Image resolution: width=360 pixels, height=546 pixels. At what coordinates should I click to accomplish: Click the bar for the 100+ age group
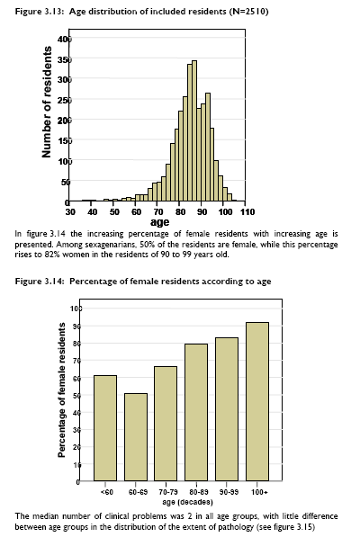tap(257, 401)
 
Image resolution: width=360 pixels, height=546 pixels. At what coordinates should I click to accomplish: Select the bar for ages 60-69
tap(136, 437)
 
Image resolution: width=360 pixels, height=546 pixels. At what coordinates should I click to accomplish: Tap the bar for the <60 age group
tap(105, 428)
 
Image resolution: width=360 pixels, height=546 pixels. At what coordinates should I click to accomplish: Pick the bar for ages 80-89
tap(196, 412)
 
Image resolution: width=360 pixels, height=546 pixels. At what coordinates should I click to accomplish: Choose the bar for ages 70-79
tap(166, 424)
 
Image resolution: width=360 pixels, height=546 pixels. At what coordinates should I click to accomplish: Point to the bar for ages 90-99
tap(227, 409)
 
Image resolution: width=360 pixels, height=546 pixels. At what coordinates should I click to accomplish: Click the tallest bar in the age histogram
tap(194, 131)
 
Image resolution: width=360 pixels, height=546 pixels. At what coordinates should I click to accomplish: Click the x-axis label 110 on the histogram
tap(247, 211)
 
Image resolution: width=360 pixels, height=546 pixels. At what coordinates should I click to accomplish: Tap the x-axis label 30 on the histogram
tap(70, 211)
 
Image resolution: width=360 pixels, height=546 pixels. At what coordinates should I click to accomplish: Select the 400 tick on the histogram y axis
tap(65, 39)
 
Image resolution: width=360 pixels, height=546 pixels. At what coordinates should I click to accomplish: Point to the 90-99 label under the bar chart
tap(229, 492)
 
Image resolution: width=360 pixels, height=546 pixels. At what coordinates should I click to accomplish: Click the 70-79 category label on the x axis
tap(168, 492)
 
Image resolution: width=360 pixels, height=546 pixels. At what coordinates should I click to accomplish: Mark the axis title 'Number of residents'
tap(47, 102)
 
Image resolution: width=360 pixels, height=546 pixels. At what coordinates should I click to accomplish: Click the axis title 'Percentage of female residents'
tap(62, 389)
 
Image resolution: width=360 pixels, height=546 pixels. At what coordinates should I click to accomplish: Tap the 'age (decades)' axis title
tap(187, 502)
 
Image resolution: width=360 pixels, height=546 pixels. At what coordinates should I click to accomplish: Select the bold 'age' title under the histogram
tap(159, 222)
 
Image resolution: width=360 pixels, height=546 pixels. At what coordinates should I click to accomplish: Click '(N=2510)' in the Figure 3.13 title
tap(248, 12)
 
